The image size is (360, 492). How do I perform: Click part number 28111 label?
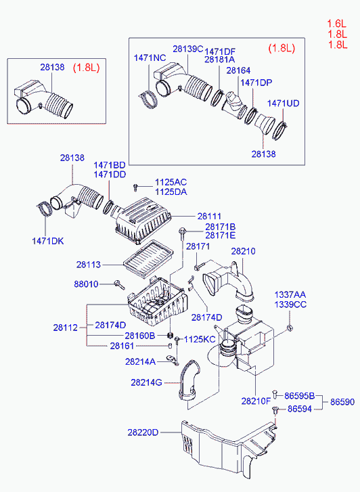(x=209, y=216)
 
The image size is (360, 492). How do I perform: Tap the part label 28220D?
(x=143, y=432)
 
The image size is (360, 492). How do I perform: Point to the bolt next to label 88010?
(x=120, y=285)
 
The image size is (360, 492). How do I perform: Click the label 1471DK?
(x=48, y=241)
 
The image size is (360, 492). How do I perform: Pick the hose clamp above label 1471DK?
(x=44, y=208)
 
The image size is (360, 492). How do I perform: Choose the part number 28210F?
(x=256, y=401)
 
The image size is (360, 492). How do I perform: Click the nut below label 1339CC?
(x=290, y=328)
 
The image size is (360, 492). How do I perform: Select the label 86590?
(x=342, y=402)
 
